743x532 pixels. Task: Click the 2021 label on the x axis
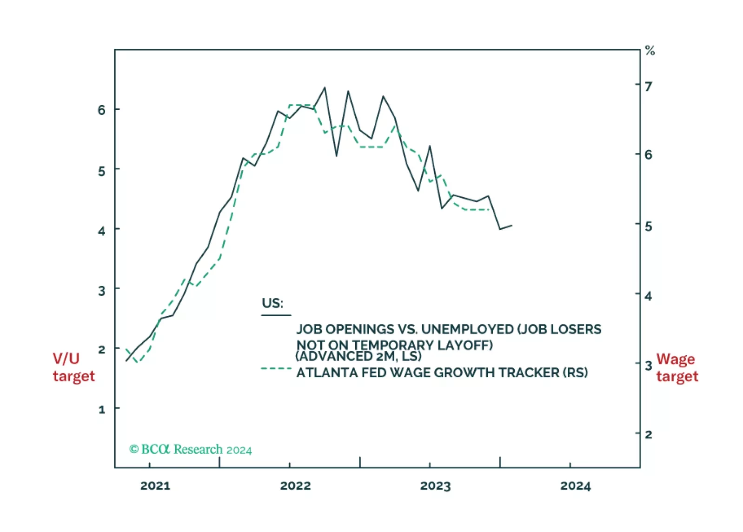coord(155,486)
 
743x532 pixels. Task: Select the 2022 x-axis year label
coord(295,486)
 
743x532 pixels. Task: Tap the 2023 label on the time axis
coord(435,486)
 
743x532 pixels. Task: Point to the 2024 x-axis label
coord(575,486)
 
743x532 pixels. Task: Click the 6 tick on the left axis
coord(102,110)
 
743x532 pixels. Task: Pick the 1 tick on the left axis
coord(102,410)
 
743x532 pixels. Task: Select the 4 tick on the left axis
coord(102,230)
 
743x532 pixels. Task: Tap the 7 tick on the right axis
coord(648,86)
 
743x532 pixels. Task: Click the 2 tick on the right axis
coord(648,435)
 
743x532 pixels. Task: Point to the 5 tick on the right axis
coord(648,226)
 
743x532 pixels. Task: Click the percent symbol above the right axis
coord(650,51)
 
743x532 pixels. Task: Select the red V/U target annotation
coord(73,367)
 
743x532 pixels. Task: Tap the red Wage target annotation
coord(677,367)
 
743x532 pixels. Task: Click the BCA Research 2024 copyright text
coord(191,450)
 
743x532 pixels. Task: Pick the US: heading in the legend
coord(272,303)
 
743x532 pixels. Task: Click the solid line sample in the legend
coord(276,315)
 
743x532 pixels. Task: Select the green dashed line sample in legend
coord(276,369)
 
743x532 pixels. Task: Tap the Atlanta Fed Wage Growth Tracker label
coord(442,372)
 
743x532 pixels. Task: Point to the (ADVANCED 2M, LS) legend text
coord(358,356)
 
